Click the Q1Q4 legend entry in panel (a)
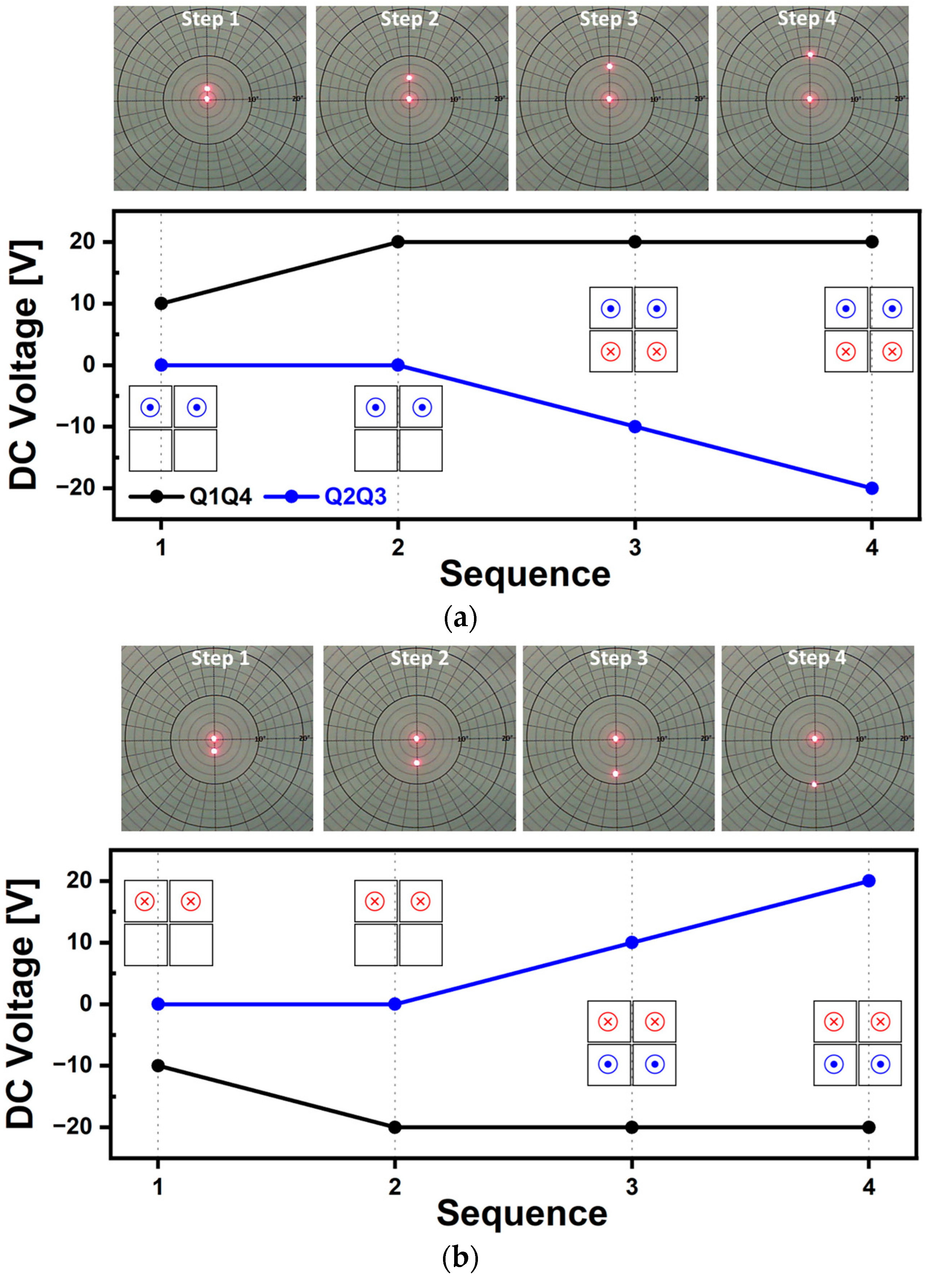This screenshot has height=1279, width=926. click(x=220, y=497)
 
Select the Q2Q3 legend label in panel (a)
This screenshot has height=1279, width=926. click(x=355, y=497)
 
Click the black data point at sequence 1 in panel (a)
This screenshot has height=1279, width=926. click(x=161, y=304)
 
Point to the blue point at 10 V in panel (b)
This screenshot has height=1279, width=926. click(x=632, y=942)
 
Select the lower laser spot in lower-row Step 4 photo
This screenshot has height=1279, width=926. click(x=814, y=784)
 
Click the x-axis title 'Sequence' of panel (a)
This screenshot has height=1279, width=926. click(x=524, y=574)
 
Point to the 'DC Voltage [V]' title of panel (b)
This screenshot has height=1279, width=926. click(x=23, y=1004)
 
